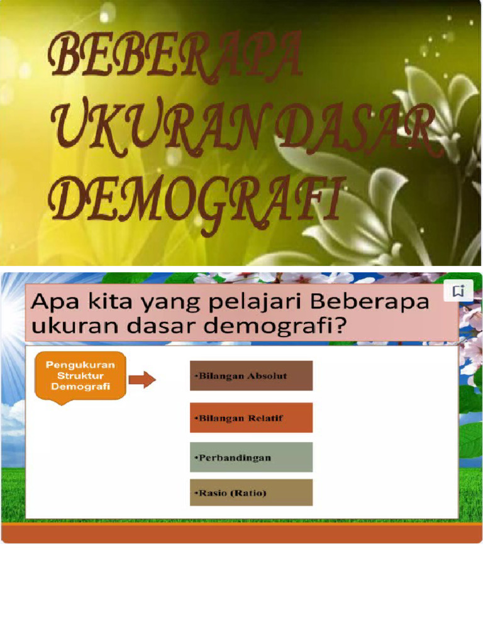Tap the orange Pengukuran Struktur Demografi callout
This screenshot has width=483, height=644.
(80, 376)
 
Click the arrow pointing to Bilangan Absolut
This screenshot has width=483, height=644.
(142, 380)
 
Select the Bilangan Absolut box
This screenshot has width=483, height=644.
(251, 376)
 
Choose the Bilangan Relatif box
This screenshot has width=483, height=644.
(251, 418)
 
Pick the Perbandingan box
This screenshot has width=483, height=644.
(251, 457)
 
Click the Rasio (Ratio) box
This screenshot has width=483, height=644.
(251, 492)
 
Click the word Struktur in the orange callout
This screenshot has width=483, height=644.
(80, 376)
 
